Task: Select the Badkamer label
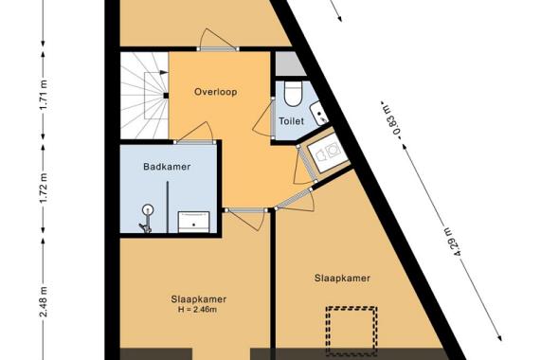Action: pos(168,167)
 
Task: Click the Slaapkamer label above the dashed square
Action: pos(342,279)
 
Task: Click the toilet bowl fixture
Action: pos(292,94)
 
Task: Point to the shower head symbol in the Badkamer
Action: pos(147,211)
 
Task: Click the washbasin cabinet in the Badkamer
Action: pos(195,220)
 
